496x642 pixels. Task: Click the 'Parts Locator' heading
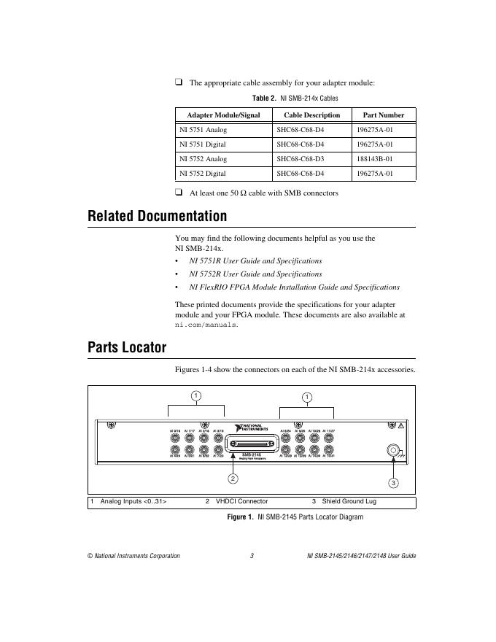tap(127, 347)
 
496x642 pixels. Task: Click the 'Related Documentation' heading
tap(157, 216)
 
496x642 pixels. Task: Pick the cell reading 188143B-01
tap(375, 159)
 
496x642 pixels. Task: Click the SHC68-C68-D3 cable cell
tap(301, 159)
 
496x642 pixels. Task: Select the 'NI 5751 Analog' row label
tap(204, 130)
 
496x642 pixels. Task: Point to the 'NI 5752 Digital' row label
tap(203, 174)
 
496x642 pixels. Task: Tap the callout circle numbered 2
tap(233, 479)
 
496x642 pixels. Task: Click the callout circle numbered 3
tap(393, 484)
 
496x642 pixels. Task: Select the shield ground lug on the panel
tap(394, 452)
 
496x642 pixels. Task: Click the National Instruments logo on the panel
tap(252, 428)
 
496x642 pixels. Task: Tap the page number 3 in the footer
tap(251, 556)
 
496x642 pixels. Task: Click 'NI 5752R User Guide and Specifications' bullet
tap(255, 274)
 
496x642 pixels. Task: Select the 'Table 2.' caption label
tap(264, 98)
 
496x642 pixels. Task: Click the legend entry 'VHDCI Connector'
tap(241, 502)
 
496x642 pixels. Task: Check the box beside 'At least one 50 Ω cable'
tap(179, 193)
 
